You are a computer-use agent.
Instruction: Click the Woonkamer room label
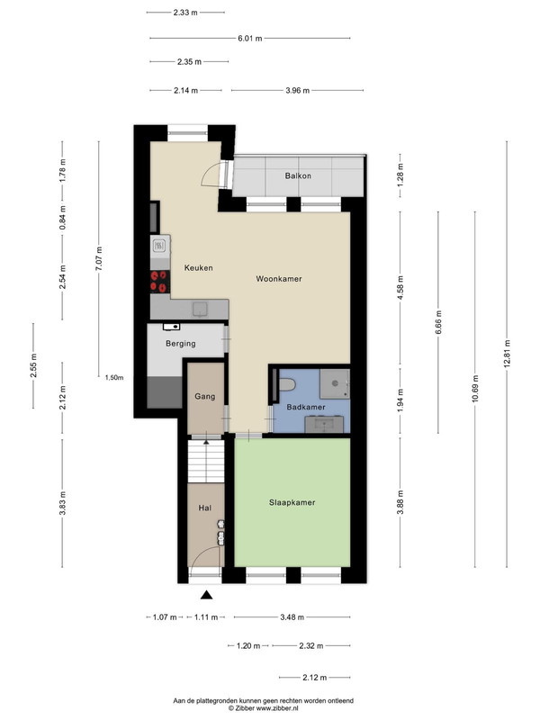click(279, 279)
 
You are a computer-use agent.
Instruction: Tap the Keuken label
click(198, 267)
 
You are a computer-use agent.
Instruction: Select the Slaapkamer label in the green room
click(292, 502)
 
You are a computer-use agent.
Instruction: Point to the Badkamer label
click(306, 407)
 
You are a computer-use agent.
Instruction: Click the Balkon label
click(298, 175)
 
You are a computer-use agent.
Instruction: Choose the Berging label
click(181, 344)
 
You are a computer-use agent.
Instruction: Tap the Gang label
click(205, 396)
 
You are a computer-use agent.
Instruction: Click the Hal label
click(205, 508)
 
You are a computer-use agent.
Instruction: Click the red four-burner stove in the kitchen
click(160, 281)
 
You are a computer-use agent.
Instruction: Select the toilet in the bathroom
click(286, 384)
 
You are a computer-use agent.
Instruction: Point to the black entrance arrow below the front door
click(207, 595)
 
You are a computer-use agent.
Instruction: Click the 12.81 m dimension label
click(507, 354)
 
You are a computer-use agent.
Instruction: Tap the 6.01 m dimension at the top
click(250, 38)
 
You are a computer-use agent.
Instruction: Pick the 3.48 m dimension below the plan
click(292, 617)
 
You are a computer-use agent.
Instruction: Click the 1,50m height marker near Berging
click(114, 377)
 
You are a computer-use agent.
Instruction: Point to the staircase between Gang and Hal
click(206, 461)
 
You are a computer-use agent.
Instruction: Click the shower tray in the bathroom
click(334, 383)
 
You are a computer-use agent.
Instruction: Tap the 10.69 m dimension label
click(475, 389)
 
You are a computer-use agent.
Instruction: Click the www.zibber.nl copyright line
click(263, 708)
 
